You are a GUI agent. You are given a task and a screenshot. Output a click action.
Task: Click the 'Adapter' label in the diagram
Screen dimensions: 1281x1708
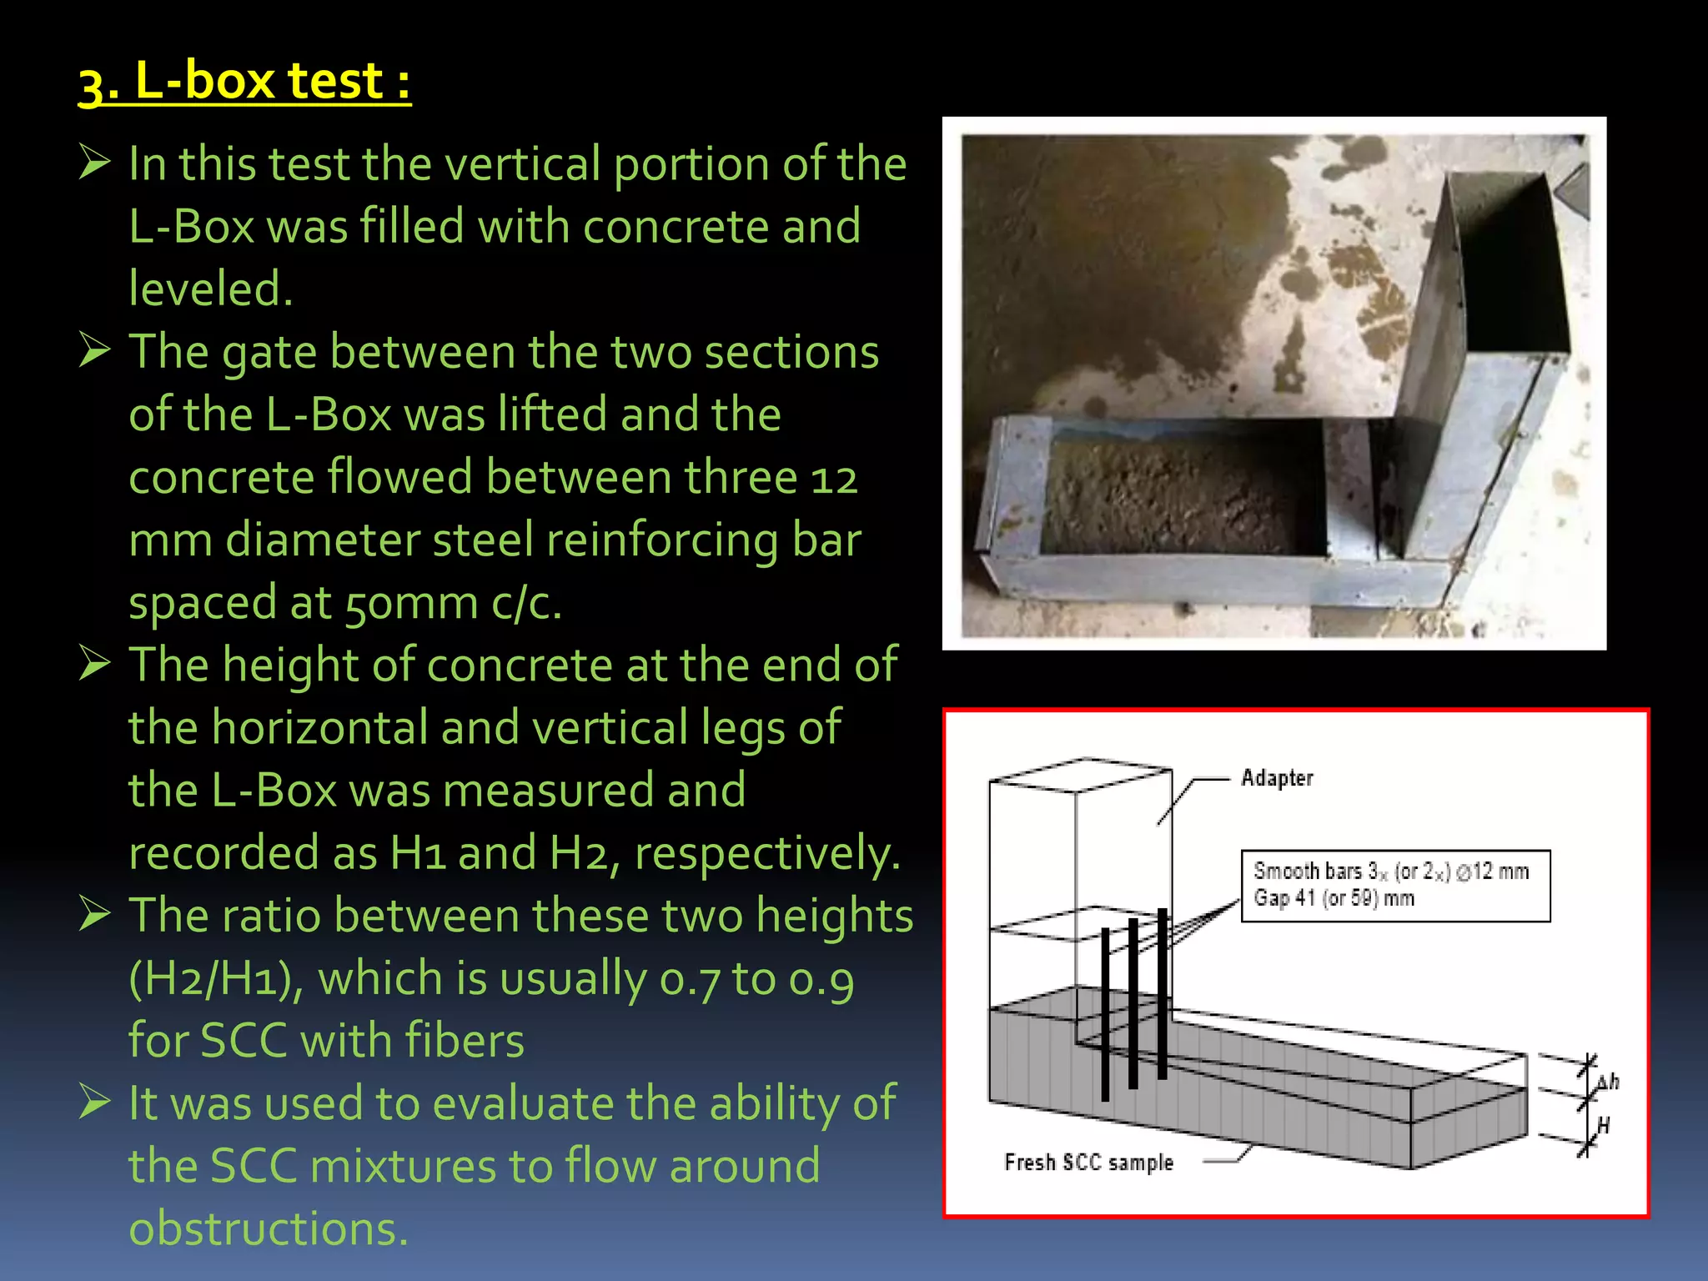click(1276, 778)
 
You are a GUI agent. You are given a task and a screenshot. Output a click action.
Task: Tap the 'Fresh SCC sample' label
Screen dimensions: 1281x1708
click(1088, 1163)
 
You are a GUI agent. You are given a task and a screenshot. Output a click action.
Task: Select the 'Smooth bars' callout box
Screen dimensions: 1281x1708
click(1395, 886)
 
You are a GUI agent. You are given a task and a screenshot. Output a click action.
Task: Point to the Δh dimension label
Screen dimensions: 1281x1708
click(1607, 1083)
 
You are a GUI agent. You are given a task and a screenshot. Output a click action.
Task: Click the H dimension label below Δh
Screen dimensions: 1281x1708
click(1602, 1126)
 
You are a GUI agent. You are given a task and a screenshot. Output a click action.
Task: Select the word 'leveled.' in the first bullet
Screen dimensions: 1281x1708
click(211, 289)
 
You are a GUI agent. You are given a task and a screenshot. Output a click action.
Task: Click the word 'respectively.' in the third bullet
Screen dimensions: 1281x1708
click(767, 853)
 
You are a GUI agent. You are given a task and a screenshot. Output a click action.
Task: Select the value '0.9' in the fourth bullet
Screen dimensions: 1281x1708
click(821, 978)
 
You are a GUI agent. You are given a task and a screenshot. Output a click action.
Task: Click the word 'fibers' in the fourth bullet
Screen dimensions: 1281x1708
click(465, 1041)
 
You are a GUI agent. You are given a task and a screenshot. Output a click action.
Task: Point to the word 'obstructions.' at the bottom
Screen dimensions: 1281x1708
click(269, 1228)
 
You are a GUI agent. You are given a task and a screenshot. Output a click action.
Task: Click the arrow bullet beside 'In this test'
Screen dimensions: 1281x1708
click(95, 162)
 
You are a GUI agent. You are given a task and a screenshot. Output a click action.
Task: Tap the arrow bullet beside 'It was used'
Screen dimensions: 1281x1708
click(95, 1102)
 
